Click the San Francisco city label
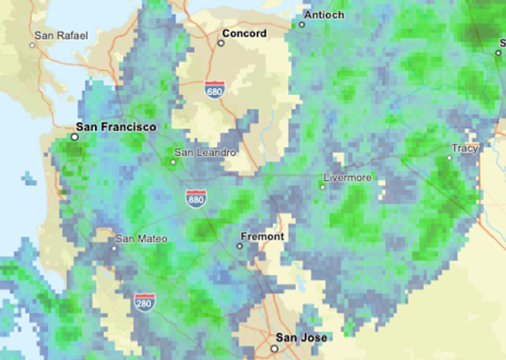coord(117,126)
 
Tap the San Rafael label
coord(62,35)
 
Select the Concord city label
coord(244,34)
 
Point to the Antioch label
coord(324,15)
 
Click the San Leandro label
coord(205,152)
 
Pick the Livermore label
coord(347,178)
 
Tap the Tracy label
coord(465,148)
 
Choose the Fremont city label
coord(262,237)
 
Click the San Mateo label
coord(140,239)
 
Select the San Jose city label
coord(301,338)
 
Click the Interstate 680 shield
coord(215,89)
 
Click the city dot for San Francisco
coord(74,137)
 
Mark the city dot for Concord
coord(221,43)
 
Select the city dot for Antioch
coord(301,24)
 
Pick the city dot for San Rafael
coord(32,45)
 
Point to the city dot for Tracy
coord(450,158)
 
